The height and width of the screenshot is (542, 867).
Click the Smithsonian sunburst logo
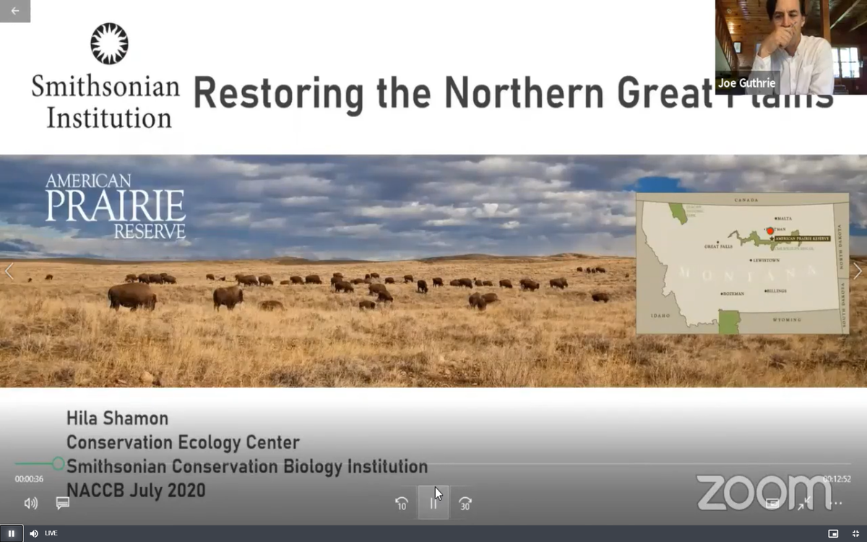point(109,43)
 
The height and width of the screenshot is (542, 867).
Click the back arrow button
point(14,11)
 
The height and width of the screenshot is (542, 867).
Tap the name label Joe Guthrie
point(746,83)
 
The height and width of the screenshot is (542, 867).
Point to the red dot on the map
point(770,231)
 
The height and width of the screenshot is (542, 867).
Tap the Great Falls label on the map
point(718,246)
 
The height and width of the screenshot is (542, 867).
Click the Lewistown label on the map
point(767,260)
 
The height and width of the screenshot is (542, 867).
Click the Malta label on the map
point(784,218)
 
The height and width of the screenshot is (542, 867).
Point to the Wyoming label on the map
point(787,319)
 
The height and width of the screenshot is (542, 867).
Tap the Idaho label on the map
point(660,316)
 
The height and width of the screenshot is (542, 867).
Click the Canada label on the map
point(746,200)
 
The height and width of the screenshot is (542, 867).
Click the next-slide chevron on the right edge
point(857,271)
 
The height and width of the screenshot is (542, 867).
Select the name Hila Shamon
point(117,418)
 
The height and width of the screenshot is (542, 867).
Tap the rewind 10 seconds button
point(402,504)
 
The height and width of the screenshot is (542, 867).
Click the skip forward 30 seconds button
point(465,504)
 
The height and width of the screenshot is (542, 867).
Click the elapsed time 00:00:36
point(29,479)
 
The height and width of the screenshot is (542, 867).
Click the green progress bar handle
point(59,464)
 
